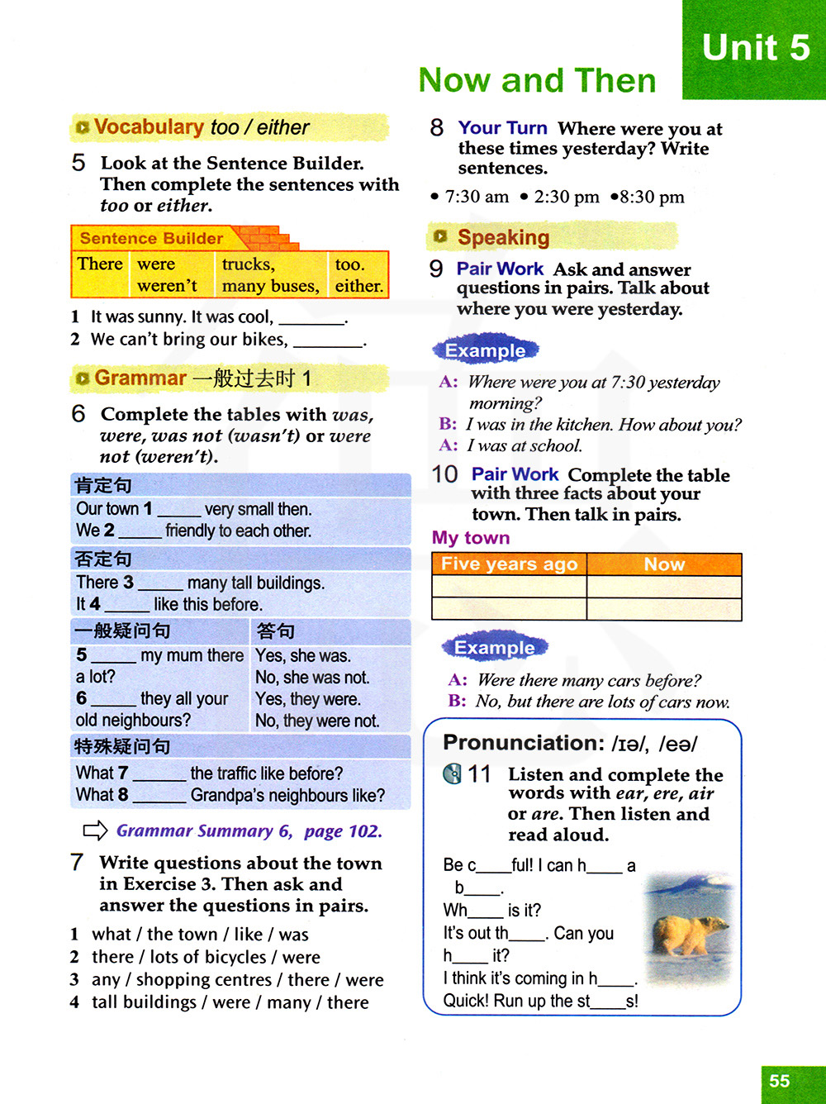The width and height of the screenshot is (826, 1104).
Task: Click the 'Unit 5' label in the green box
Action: [755, 47]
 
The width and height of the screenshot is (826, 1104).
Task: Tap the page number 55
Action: [779, 1081]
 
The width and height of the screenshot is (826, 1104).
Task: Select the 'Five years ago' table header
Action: [509, 564]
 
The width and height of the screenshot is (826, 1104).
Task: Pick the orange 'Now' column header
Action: [664, 564]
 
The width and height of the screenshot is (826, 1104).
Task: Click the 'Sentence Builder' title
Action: [151, 238]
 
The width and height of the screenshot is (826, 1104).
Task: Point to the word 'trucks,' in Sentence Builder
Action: [248, 264]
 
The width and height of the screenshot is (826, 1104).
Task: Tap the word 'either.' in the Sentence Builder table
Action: [358, 286]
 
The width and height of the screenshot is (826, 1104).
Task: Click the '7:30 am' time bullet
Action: [476, 197]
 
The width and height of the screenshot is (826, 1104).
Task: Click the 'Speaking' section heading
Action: [503, 237]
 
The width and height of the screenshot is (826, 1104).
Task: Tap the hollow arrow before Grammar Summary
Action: [95, 830]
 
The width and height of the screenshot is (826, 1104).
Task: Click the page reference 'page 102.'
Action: [343, 831]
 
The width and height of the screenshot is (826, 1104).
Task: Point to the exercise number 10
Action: [444, 474]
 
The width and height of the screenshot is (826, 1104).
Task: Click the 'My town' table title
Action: [471, 538]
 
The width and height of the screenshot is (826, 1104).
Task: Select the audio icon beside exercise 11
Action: [452, 774]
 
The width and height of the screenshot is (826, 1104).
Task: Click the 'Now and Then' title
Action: [537, 80]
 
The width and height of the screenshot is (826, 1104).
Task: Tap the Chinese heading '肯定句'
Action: [103, 486]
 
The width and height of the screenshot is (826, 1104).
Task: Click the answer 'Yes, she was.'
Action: [303, 656]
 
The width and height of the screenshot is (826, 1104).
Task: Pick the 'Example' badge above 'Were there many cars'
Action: [494, 648]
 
